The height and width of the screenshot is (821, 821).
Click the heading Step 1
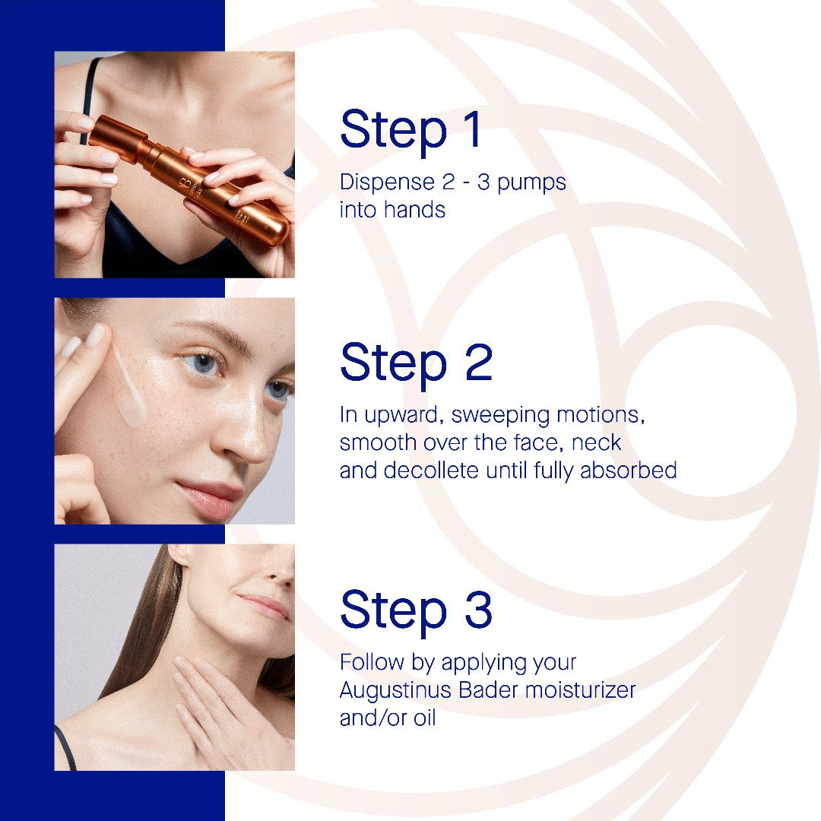410,129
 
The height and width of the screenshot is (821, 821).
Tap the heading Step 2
417,363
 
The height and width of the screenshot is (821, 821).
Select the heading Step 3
417,610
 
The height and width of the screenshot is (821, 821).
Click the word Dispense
387,182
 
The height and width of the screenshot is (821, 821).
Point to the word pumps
531,184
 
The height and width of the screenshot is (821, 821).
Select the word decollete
431,470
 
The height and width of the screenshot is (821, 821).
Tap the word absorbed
629,470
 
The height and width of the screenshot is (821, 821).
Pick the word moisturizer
580,689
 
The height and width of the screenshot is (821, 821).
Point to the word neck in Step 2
596,442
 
